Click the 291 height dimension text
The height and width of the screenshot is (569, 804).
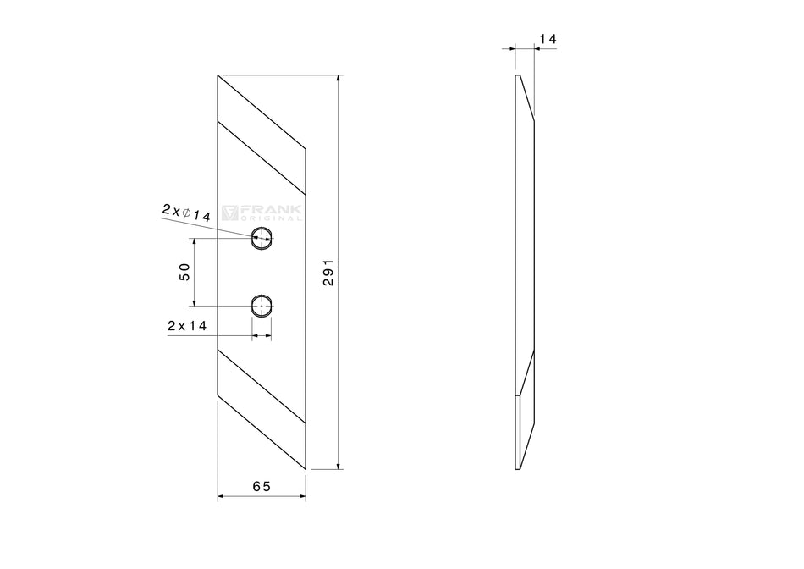329,273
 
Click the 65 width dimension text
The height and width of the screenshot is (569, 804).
262,486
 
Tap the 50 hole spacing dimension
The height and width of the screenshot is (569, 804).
184,272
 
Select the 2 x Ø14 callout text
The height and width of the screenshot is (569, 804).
186,213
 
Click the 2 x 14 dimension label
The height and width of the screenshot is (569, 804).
188,325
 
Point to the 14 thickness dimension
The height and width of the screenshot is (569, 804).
547,39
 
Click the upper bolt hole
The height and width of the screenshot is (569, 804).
262,239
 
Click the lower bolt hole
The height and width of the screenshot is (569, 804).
262,306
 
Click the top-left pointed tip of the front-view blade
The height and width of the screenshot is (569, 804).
219,77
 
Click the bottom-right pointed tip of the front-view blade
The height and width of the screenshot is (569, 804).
304,467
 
